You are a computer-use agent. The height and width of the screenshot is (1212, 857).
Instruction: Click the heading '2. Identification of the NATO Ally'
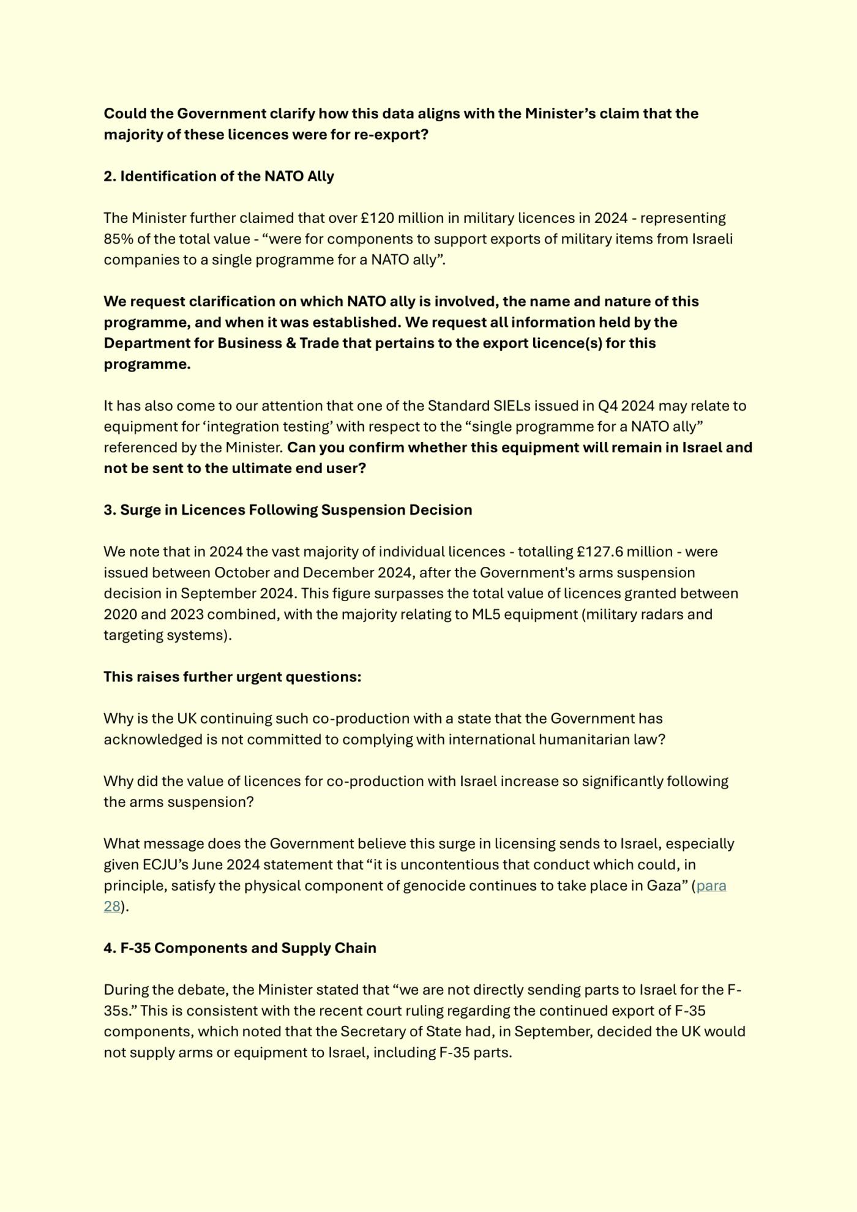219,176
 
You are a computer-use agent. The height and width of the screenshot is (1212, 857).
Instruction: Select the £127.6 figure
599,552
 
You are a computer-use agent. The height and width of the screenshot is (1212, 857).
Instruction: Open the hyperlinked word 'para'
711,886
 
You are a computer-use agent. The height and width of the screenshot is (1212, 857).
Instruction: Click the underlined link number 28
111,907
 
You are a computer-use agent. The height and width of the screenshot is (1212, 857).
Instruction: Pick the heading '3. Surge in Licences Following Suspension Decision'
288,510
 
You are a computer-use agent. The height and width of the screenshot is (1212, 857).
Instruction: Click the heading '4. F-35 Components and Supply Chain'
240,948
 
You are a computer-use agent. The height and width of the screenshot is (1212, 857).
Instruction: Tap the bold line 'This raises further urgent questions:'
232,677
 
